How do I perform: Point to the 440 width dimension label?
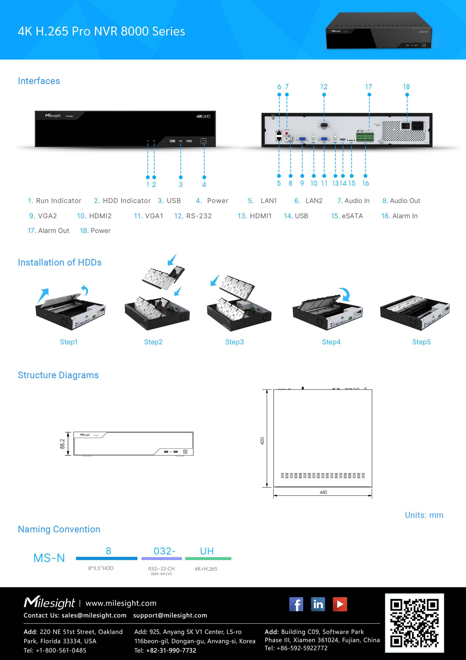coord(323,492)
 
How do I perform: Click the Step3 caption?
coord(234,342)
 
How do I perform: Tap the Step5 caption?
coord(421,342)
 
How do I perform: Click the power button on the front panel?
coord(203,141)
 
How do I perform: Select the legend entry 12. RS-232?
coord(193,216)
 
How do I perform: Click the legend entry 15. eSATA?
coord(347,216)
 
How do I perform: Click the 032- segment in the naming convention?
coord(164,551)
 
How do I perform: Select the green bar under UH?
coord(208,559)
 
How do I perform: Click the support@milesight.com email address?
coord(170,615)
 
